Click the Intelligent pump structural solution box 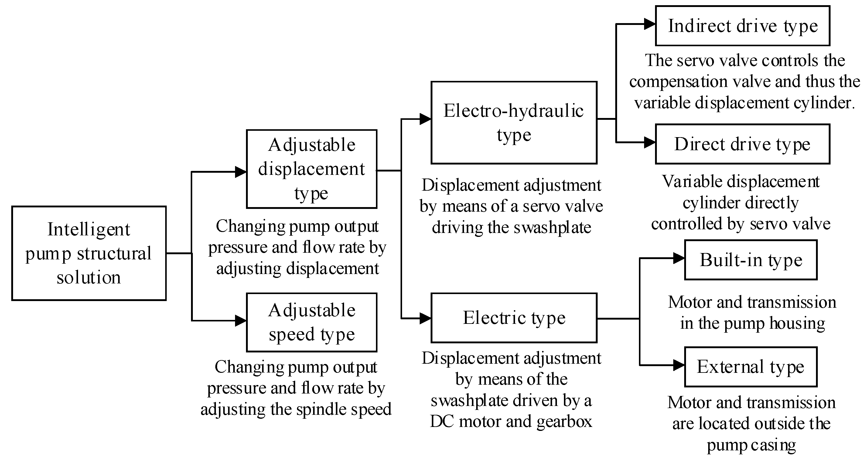coord(89,253)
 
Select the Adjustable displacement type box coord(311,169)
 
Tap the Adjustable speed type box coord(311,322)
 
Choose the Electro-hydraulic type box coord(514,123)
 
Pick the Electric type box coord(514,318)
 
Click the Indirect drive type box coord(742,26)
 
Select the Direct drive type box coord(742,144)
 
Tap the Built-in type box coord(751,260)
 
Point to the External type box coord(751,367)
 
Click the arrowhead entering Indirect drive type coord(650,24)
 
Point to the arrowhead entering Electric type coord(425,318)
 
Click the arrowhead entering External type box coord(678,365)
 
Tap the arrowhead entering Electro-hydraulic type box coord(425,119)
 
